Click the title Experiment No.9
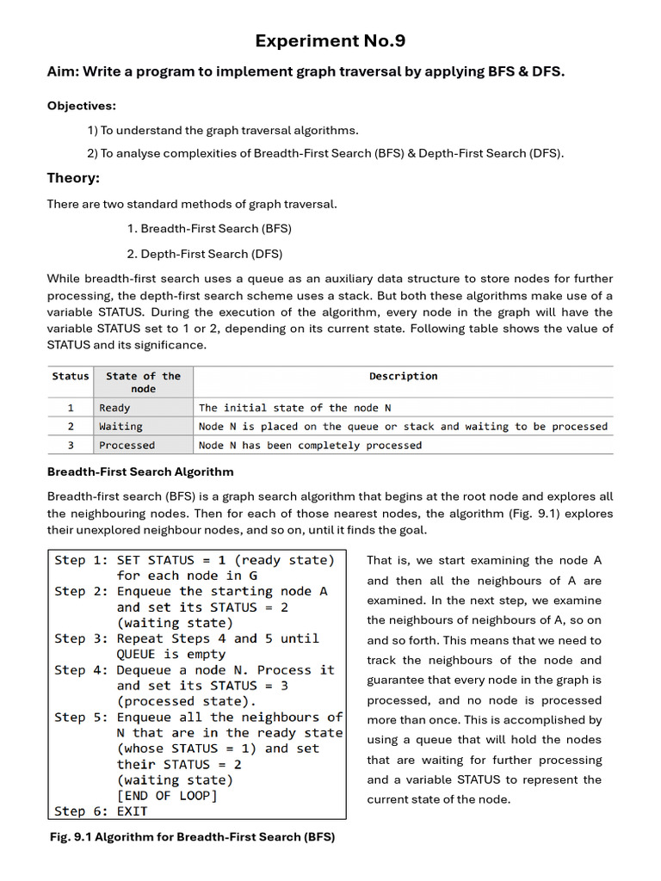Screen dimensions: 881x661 330,41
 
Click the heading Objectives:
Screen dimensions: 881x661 81,106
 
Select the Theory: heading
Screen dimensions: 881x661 73,178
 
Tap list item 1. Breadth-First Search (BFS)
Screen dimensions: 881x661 209,229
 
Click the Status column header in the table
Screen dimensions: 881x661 71,376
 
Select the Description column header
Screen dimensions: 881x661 403,376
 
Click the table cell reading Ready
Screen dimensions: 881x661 114,408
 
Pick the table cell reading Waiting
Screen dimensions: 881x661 120,427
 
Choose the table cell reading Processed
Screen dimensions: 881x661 127,446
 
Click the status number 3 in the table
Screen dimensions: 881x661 71,446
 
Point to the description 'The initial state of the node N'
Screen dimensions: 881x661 294,408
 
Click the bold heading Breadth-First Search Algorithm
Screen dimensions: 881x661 140,472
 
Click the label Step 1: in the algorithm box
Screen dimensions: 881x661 82,560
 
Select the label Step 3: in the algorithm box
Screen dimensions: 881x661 82,638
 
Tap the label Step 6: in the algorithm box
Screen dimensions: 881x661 82,811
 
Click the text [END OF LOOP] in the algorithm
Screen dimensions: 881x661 167,796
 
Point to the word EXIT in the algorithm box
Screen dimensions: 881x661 132,811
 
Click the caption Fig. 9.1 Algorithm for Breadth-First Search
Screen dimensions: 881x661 191,837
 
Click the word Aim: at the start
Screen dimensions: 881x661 65,72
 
